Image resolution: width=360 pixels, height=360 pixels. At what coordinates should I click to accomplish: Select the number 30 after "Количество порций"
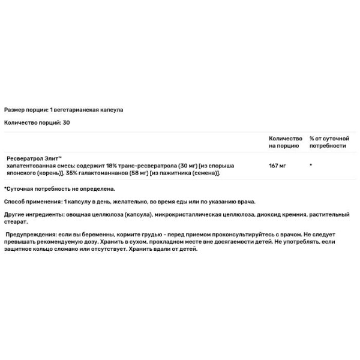(x=65, y=123)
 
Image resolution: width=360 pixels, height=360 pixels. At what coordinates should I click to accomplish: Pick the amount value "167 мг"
(x=277, y=164)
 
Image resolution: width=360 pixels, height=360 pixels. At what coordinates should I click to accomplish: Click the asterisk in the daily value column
(x=311, y=164)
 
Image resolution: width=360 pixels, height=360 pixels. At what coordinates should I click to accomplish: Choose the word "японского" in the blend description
(x=22, y=173)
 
